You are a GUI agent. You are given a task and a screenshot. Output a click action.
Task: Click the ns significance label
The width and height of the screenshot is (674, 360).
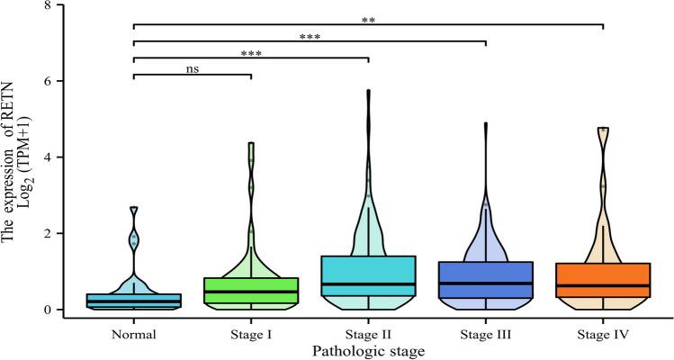[192, 67]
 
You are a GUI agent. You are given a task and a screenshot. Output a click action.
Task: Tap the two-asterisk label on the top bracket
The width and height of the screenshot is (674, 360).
[368, 16]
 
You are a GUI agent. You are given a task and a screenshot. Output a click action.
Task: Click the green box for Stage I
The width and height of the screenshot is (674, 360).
[250, 290]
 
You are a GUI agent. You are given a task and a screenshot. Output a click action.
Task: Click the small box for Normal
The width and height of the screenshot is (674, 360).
[132, 300]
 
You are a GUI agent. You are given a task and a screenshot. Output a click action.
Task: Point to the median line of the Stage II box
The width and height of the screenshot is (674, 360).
[367, 284]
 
